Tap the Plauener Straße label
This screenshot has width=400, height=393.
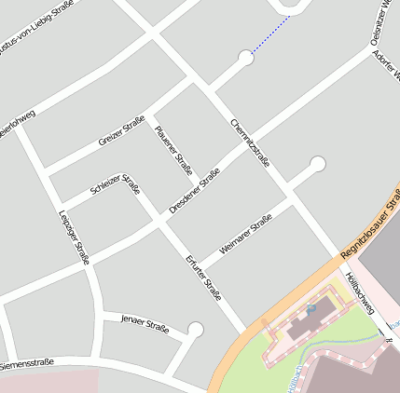click(173, 150)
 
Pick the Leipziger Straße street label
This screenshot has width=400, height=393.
click(73, 237)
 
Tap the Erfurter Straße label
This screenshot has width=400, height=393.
click(202, 278)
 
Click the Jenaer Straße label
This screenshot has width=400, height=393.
click(145, 323)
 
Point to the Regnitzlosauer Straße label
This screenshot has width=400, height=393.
click(371, 225)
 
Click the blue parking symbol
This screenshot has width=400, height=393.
click(312, 306)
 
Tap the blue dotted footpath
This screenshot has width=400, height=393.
click(270, 36)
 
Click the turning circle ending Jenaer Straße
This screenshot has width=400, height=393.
click(195, 329)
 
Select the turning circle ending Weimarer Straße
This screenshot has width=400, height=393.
click(317, 165)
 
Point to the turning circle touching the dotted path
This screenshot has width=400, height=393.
click(245, 58)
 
